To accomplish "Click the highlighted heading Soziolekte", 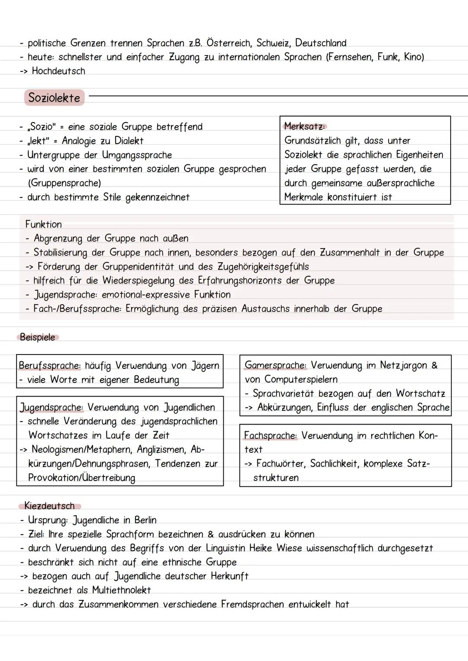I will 54,98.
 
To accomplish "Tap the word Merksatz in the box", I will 304,126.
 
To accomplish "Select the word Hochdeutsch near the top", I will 58,71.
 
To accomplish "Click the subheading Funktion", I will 43,224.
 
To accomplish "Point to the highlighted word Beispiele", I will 38,337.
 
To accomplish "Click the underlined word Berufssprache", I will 49,366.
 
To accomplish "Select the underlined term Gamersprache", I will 275,365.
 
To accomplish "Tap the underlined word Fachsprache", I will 270,435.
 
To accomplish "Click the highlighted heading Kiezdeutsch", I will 49,506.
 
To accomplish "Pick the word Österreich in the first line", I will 228,43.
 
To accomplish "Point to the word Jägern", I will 205,366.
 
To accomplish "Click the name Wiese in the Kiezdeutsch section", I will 289,548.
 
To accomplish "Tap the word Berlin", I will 145,520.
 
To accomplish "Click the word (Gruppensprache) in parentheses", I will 64,183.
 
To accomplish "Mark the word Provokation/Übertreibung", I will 81,477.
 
